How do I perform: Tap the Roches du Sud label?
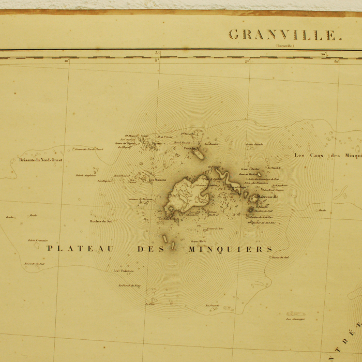tap(101, 221)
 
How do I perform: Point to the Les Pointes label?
tap(124, 270)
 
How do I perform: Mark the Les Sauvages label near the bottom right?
tap(295, 319)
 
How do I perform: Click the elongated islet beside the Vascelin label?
tap(198, 154)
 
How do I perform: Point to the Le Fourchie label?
tap(169, 219)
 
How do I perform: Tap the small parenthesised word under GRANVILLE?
tap(284, 46)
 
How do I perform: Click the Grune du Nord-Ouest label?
tap(89, 149)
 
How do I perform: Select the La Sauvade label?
tap(213, 306)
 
